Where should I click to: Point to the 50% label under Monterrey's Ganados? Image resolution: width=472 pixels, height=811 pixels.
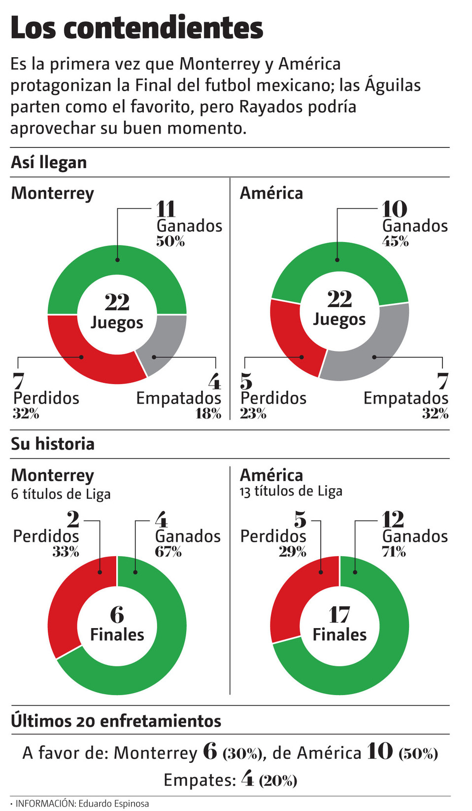pyautogui.click(x=170, y=241)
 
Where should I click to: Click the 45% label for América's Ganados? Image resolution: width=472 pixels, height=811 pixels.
pyautogui.click(x=395, y=241)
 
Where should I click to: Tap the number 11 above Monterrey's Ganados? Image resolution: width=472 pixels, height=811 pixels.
pyautogui.click(x=166, y=209)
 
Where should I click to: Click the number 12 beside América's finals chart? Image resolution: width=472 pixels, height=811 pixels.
pyautogui.click(x=393, y=520)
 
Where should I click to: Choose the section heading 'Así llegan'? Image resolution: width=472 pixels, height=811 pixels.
pyautogui.click(x=49, y=162)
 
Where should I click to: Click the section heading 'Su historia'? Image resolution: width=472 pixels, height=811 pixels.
pyautogui.click(x=53, y=444)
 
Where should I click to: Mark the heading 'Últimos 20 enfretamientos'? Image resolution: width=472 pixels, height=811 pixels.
pyautogui.click(x=116, y=721)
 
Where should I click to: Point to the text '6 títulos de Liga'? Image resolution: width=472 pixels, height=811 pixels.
pyautogui.click(x=61, y=494)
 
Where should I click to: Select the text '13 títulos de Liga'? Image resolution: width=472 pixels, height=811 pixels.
pyautogui.click(x=291, y=491)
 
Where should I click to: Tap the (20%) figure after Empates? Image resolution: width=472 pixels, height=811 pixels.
pyautogui.click(x=278, y=780)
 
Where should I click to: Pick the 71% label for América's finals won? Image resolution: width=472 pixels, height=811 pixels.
pyautogui.click(x=394, y=552)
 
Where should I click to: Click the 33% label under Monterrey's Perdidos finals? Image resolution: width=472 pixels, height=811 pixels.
pyautogui.click(x=66, y=552)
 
